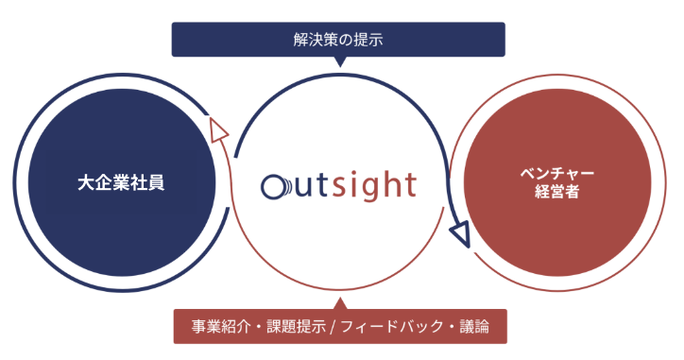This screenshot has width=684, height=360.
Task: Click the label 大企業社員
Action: (x=121, y=181)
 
